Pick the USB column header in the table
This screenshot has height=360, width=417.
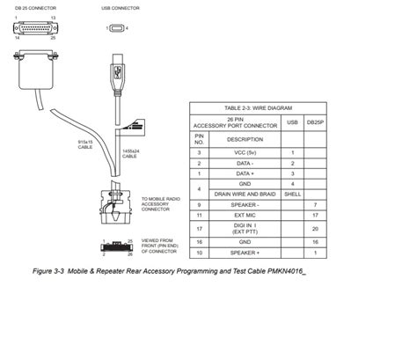tap(292, 123)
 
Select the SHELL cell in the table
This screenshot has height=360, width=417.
tap(292, 194)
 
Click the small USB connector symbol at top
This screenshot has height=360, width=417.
tap(117, 28)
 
